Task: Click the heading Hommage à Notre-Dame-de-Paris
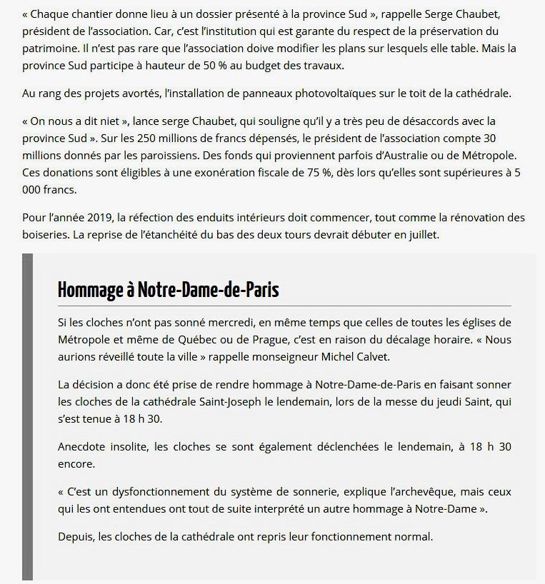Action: (168, 290)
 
